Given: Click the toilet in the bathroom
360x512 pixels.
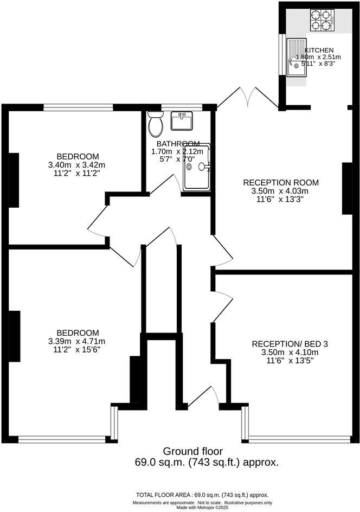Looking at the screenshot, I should pos(156,125).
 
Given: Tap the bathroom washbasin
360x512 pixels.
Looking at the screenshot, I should pos(181,121).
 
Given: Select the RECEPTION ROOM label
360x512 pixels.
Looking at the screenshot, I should pos(280,182).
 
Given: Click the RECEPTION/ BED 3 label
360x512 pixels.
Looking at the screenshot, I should pos(290,343).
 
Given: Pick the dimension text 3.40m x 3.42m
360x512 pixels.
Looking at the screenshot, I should pos(76,165).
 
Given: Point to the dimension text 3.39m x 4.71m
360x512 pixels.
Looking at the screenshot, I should pos(76,341).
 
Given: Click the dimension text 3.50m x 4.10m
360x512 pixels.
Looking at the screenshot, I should pos(290,351).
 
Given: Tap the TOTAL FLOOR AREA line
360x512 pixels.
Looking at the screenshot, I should pos(202,495).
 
